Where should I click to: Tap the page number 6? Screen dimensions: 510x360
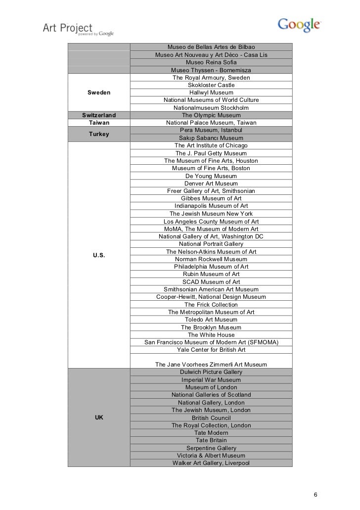tap(316, 495)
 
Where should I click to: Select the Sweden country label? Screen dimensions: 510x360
tap(99, 93)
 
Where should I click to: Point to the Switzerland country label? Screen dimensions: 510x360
tap(99, 115)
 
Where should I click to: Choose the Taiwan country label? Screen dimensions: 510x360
tap(99, 123)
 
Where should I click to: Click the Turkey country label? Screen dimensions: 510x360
tap(99, 134)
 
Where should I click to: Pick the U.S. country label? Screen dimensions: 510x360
tap(99, 255)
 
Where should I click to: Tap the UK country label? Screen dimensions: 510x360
tap(99, 417)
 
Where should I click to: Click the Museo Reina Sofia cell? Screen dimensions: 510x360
tap(211, 63)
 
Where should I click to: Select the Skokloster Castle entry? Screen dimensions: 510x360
tap(211, 85)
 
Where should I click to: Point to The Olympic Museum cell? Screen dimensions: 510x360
tap(211, 115)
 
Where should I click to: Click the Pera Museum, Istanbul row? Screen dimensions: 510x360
tap(211, 130)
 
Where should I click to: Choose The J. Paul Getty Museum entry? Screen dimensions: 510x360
tap(211, 153)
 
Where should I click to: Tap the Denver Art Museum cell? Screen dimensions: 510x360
tap(211, 184)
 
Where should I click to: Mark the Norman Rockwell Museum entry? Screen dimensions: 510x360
tap(211, 259)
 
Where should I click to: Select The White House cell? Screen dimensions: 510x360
tap(211, 335)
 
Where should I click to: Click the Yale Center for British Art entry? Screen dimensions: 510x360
tap(211, 350)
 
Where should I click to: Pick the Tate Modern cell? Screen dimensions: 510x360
tap(211, 433)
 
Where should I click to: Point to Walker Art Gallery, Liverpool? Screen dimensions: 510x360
tap(211, 463)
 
